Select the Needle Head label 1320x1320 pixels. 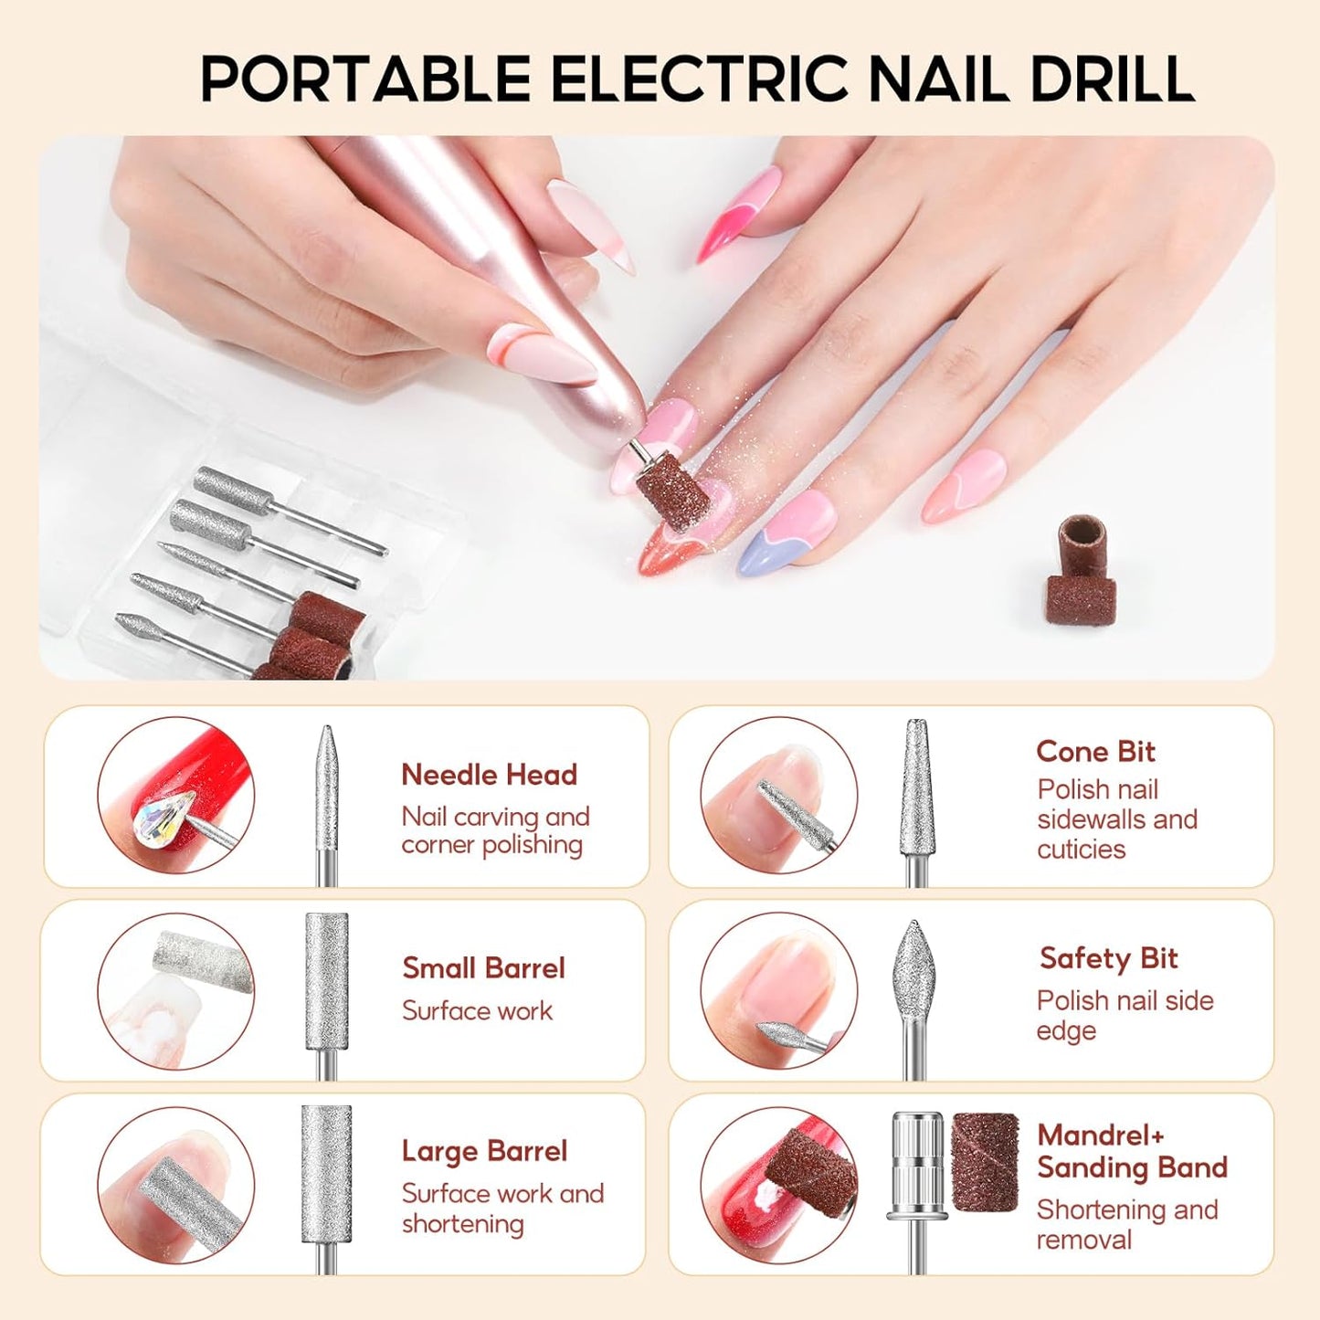[x=489, y=775]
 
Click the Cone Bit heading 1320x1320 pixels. [x=1095, y=752]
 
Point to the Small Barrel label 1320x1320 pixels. [x=483, y=968]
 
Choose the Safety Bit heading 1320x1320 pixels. [x=1108, y=958]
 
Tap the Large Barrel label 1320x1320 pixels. [x=484, y=1151]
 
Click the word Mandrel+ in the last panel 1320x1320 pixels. [x=1101, y=1135]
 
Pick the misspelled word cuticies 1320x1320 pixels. [x=1081, y=850]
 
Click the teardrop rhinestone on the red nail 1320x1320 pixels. [x=165, y=815]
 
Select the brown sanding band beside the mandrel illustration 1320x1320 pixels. [x=985, y=1162]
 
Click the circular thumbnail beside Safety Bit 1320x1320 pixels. [x=779, y=991]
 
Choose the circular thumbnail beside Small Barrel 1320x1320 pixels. [x=175, y=991]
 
